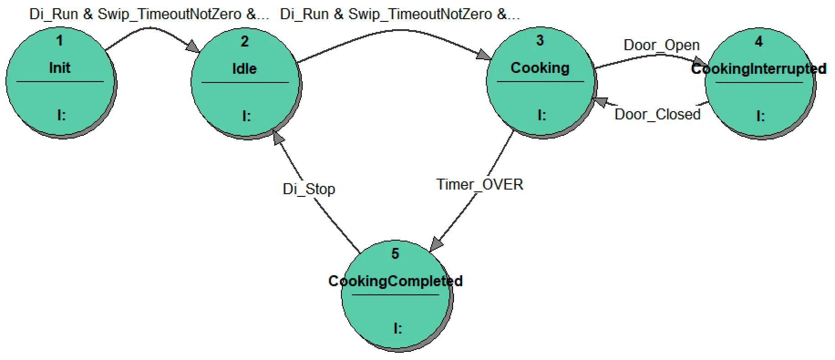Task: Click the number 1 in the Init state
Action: coord(59,41)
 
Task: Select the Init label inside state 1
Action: coord(60,68)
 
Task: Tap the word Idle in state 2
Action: coord(244,69)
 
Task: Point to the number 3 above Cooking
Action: coord(540,41)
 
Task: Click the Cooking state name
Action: coord(540,68)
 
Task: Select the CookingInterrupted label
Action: coord(758,69)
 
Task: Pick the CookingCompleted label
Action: coord(395,281)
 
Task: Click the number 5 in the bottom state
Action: coord(395,254)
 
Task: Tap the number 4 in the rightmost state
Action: coord(758,41)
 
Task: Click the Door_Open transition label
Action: coord(661,45)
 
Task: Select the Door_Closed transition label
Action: coord(657,114)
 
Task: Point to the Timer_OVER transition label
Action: coord(479,185)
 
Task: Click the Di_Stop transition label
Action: coord(309,189)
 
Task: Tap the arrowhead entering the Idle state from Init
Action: coord(193,46)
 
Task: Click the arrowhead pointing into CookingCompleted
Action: coord(436,244)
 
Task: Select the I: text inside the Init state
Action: coord(61,116)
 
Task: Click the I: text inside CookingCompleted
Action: coord(397,328)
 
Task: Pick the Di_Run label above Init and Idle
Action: coord(149,14)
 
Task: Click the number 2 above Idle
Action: coord(245,41)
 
